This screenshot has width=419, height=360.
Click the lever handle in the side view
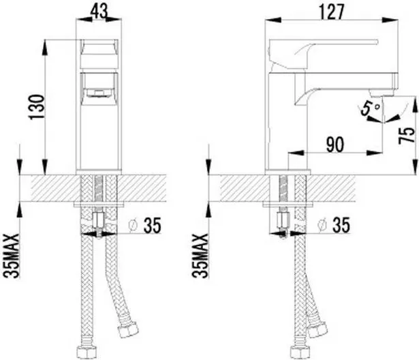point(320,52)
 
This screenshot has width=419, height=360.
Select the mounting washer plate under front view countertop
point(99,203)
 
